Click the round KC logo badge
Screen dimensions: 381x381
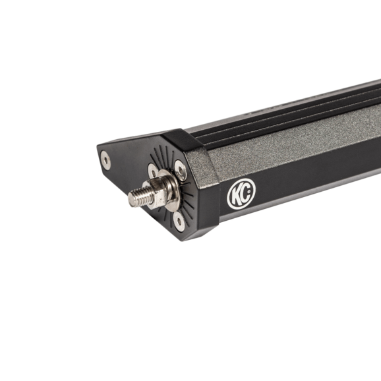pyautogui.click(x=241, y=194)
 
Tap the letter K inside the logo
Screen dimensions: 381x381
pyautogui.click(x=237, y=195)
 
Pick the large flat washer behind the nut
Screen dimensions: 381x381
pyautogui.click(x=171, y=189)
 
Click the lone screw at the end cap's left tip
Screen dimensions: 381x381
pyautogui.click(x=105, y=160)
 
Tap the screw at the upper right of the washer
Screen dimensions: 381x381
pyautogui.click(x=181, y=170)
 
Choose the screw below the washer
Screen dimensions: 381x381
pyautogui.click(x=179, y=221)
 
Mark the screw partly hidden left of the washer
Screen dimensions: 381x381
pyautogui.click(x=152, y=171)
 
